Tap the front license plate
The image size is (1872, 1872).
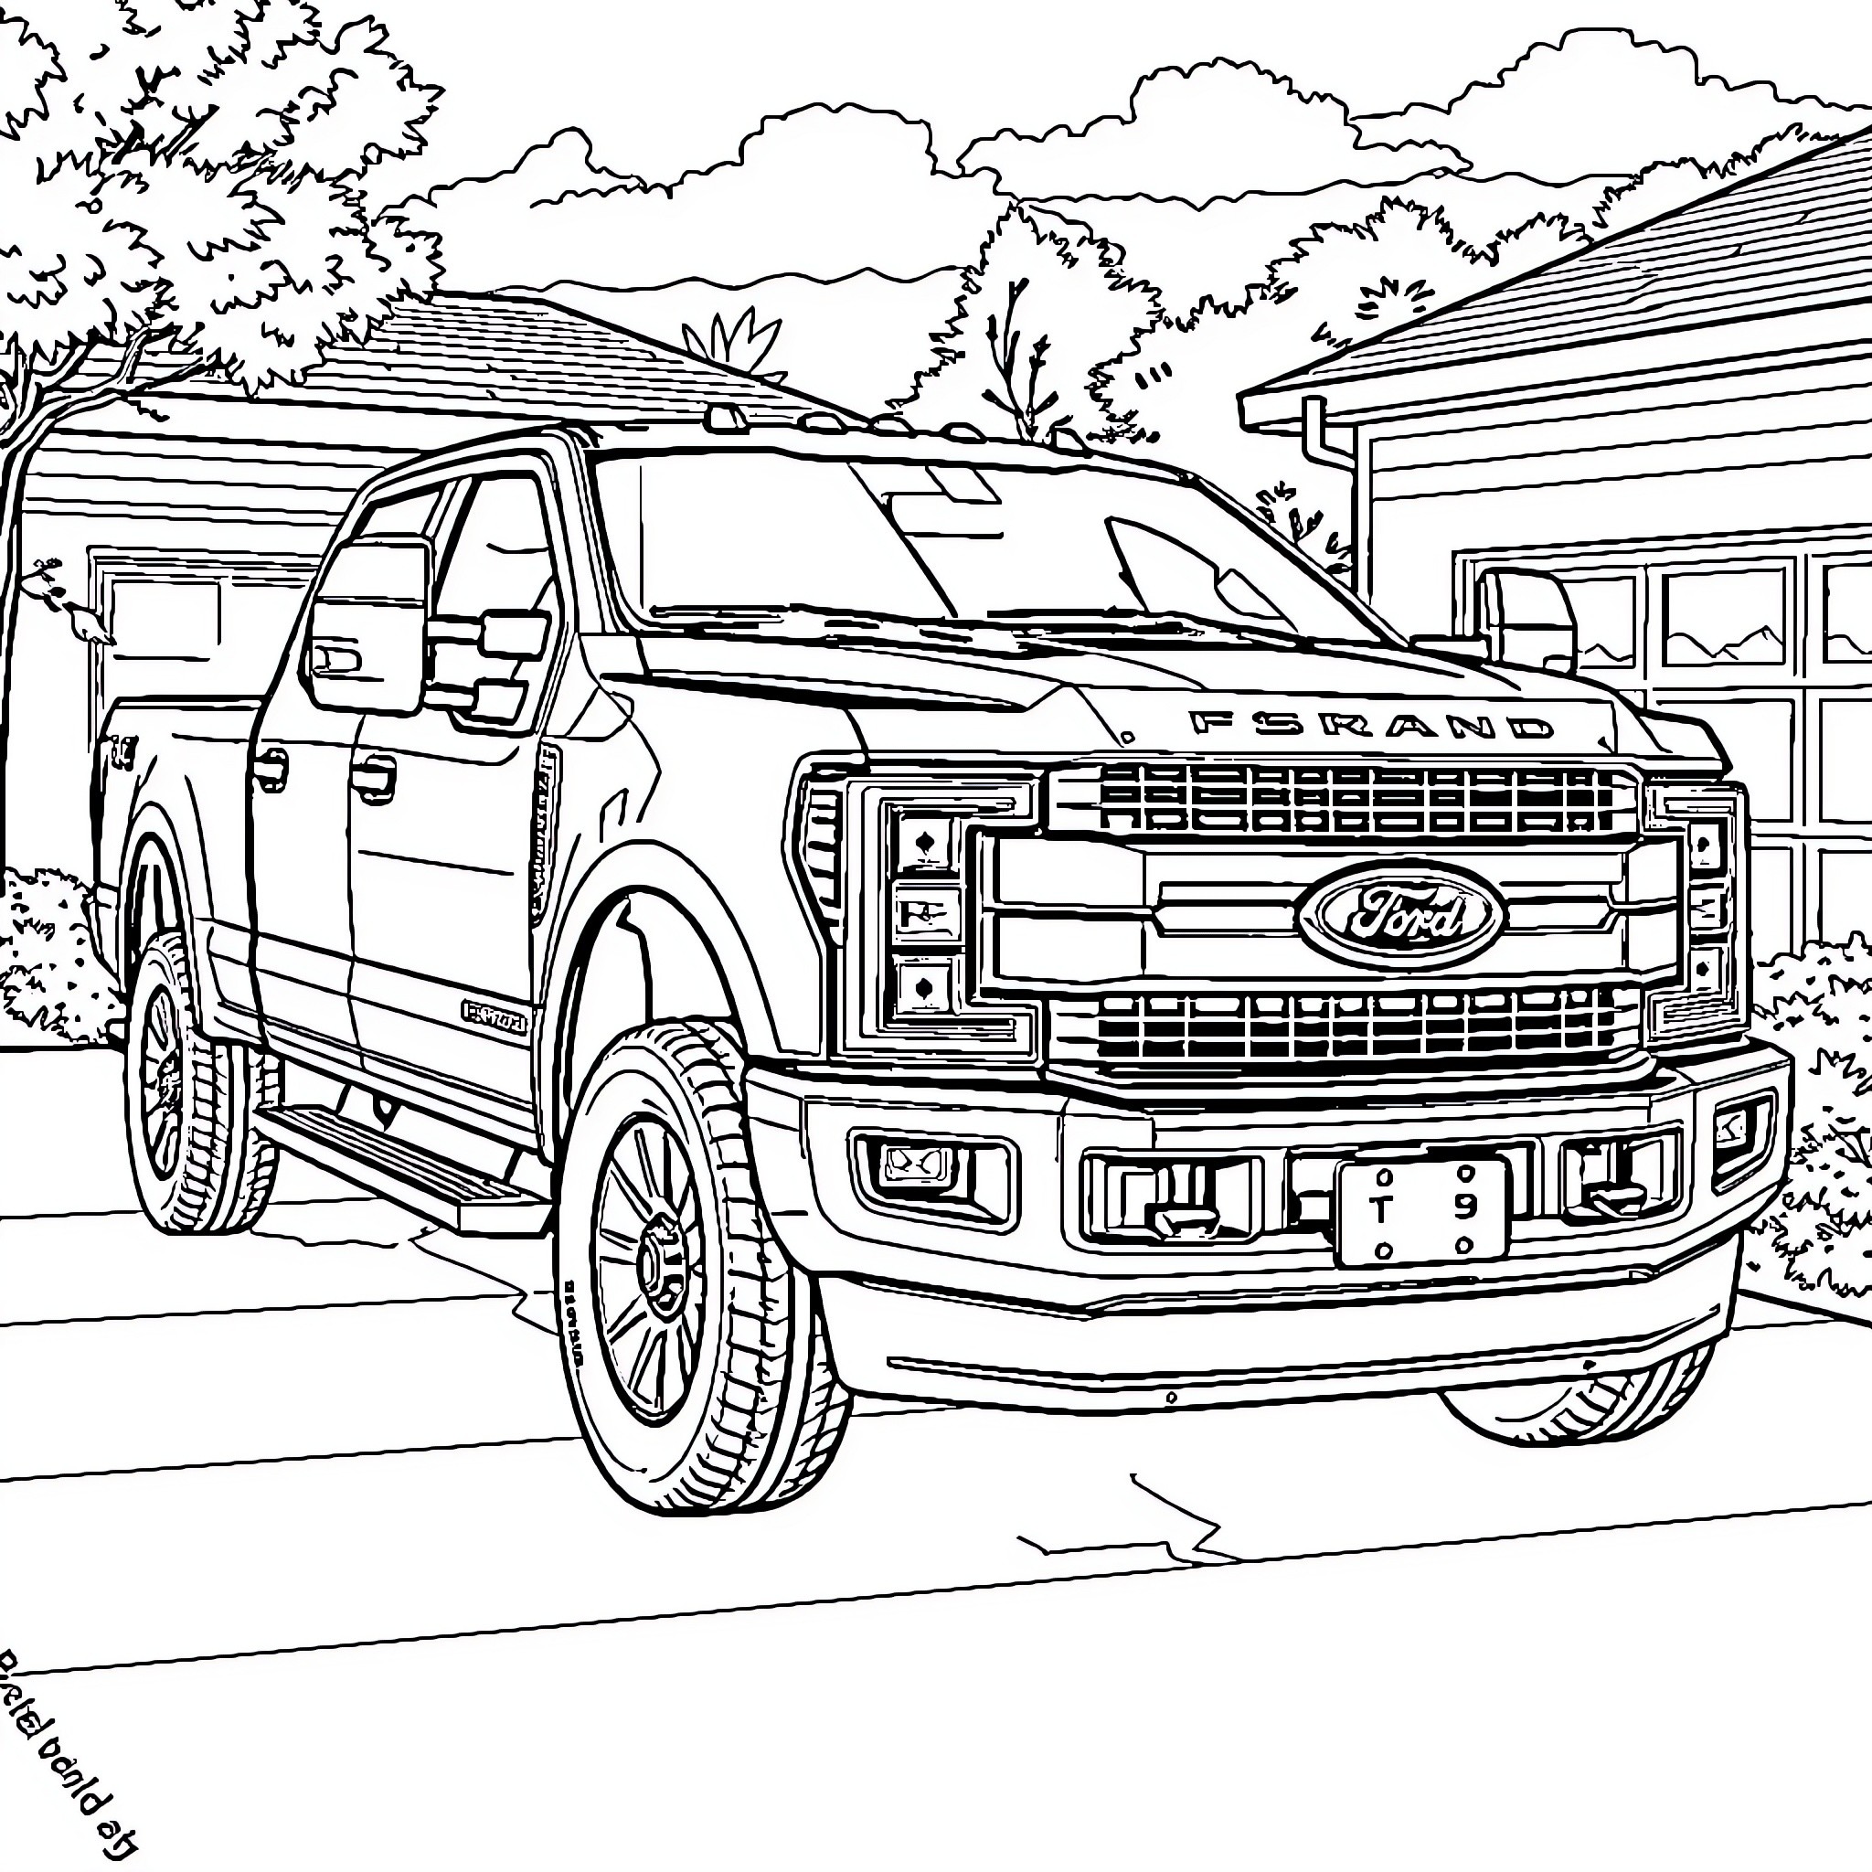click(x=1422, y=1211)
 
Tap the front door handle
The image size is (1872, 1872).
click(x=373, y=775)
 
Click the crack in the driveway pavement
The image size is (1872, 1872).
click(x=1173, y=1526)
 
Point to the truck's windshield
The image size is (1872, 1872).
click(x=969, y=543)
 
